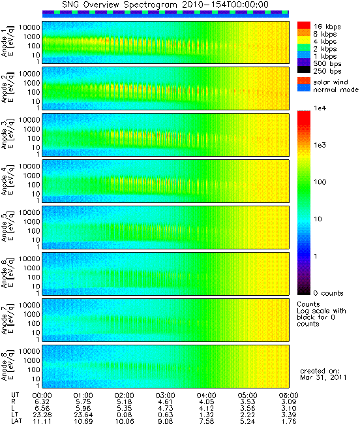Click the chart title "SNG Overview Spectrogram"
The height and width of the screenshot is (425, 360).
point(119,5)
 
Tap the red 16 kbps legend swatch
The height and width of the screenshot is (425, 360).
point(304,25)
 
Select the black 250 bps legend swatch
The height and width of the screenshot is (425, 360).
point(304,70)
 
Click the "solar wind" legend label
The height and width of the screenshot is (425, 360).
point(331,82)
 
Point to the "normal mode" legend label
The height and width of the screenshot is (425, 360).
point(336,89)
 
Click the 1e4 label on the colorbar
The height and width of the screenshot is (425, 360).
point(320,108)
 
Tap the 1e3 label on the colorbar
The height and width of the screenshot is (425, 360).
point(320,145)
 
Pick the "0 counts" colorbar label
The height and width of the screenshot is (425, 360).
point(328,293)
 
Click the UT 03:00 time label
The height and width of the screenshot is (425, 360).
point(166,395)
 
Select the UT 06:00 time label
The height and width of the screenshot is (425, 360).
point(288,395)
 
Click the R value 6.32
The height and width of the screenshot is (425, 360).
point(42,401)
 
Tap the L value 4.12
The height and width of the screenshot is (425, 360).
point(206,408)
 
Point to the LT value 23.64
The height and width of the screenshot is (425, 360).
point(83,415)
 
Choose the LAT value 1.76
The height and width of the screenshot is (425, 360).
point(288,421)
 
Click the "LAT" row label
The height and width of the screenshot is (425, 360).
point(16,421)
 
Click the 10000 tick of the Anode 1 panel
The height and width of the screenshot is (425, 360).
point(29,27)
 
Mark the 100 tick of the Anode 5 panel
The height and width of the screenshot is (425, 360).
point(33,231)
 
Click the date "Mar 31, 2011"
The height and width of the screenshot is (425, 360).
point(323,377)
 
